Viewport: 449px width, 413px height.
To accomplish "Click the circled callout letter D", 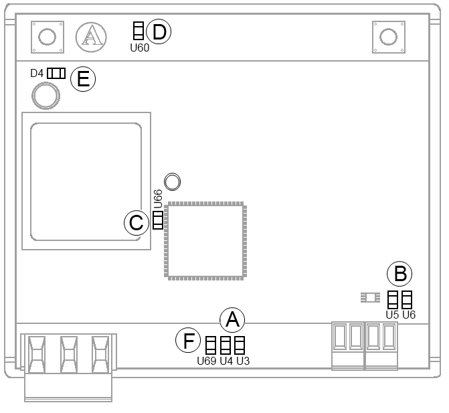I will (x=159, y=31).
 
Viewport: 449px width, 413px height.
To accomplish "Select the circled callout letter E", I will (x=84, y=78).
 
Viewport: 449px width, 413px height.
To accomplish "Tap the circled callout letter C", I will (x=137, y=222).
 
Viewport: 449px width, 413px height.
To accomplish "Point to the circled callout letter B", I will (x=400, y=273).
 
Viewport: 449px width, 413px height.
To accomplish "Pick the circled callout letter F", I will (x=189, y=341).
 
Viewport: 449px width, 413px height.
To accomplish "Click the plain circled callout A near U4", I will (x=232, y=320).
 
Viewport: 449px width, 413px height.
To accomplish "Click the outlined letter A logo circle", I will (x=90, y=36).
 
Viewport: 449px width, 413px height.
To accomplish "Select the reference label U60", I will (x=140, y=48).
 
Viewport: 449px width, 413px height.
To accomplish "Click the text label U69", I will (x=207, y=361).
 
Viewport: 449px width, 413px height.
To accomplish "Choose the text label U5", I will (x=393, y=313).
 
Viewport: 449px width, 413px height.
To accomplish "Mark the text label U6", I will (x=408, y=313).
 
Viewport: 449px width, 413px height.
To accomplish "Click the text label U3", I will (x=243, y=361).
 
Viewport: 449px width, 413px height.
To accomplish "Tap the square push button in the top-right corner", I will (x=387, y=36).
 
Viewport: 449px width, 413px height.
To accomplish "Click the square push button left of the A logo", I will (x=47, y=36).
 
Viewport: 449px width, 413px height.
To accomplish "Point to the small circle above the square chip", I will (x=172, y=181).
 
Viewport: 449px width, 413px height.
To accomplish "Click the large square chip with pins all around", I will (x=205, y=240).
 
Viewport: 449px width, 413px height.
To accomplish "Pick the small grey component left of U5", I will (x=369, y=297).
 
